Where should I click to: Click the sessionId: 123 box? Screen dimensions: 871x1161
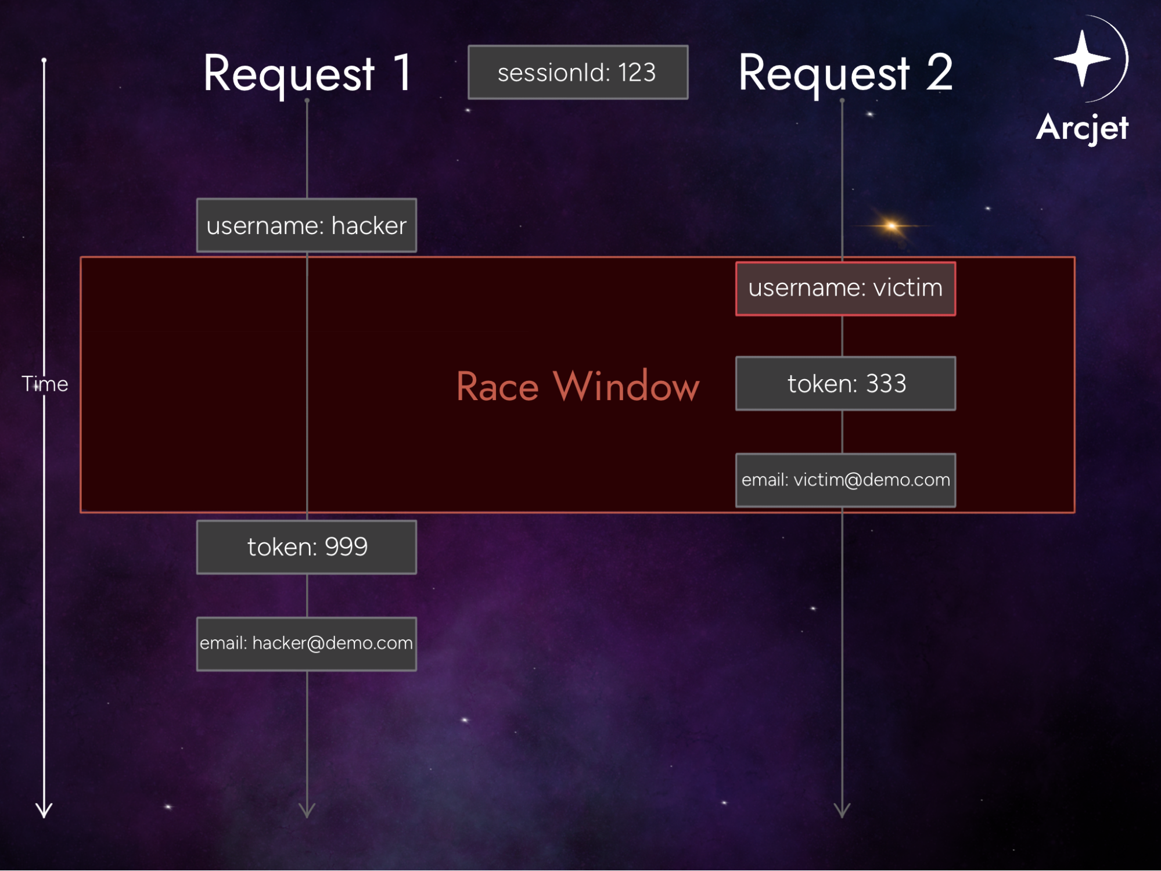[x=577, y=73]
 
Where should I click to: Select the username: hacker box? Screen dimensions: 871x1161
[x=306, y=225]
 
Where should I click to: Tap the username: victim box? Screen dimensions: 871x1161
[x=845, y=289]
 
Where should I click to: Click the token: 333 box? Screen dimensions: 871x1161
[x=845, y=384]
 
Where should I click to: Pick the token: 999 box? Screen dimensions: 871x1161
[x=306, y=547]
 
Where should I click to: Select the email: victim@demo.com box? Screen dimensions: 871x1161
[x=845, y=480]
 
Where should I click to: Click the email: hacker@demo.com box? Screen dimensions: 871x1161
[x=306, y=643]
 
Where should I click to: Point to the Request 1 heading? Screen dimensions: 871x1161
[x=308, y=74]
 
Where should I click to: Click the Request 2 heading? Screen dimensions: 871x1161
[x=845, y=74]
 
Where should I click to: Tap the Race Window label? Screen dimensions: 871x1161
[x=577, y=386]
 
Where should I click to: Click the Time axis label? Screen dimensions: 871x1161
[x=45, y=384]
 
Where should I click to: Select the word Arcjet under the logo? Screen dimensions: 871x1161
[x=1082, y=128]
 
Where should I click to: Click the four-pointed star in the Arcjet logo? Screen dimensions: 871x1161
[x=1081, y=58]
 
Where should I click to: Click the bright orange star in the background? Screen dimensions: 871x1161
[x=892, y=225]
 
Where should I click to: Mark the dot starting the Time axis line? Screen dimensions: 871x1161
[x=44, y=60]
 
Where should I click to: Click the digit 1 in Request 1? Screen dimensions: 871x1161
[x=402, y=73]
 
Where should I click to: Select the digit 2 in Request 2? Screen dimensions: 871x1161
[x=939, y=73]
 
